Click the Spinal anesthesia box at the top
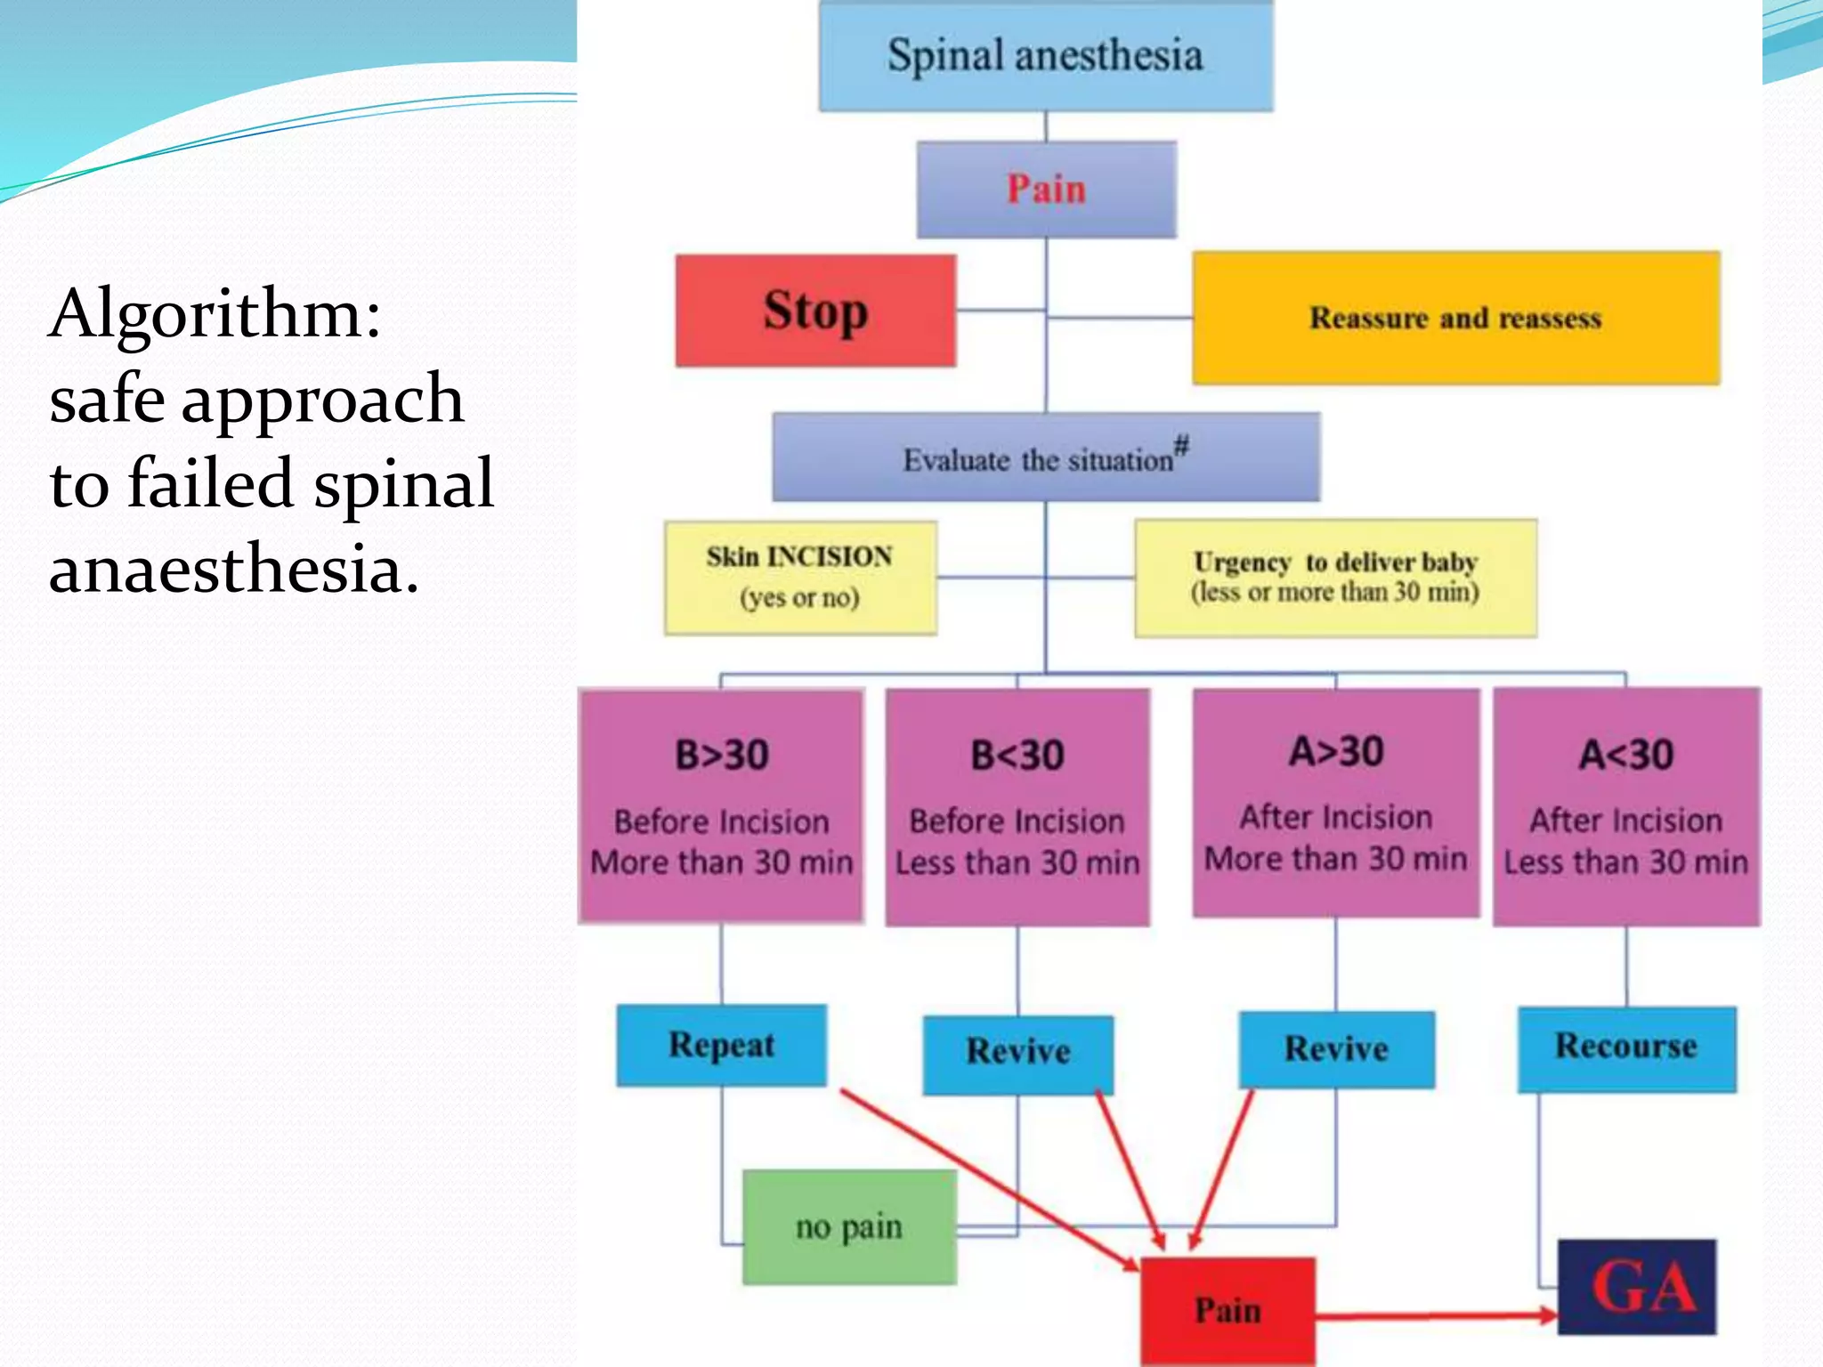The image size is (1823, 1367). pyautogui.click(x=1046, y=56)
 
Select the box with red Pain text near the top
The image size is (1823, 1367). pyautogui.click(x=1046, y=190)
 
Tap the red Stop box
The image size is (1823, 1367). pyautogui.click(x=815, y=311)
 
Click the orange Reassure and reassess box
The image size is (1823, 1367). pyautogui.click(x=1455, y=318)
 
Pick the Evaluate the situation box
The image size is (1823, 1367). pyautogui.click(x=1046, y=457)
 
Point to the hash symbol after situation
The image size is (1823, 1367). pyautogui.click(x=1181, y=444)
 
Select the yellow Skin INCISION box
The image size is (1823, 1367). pyautogui.click(x=800, y=577)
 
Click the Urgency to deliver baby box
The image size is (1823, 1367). pyautogui.click(x=1335, y=578)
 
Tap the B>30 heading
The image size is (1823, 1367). pyautogui.click(x=721, y=756)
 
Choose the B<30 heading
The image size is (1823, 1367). pyautogui.click(x=1017, y=756)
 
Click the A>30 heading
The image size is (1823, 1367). pyautogui.click(x=1336, y=752)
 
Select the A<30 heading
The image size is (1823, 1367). pyautogui.click(x=1626, y=756)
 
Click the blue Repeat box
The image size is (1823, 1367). pyautogui.click(x=721, y=1045)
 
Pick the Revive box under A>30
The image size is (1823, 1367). pyautogui.click(x=1336, y=1049)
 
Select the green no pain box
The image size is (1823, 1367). pyautogui.click(x=849, y=1226)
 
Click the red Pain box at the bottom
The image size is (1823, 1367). pyautogui.click(x=1227, y=1310)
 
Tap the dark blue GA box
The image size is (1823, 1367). pyautogui.click(x=1637, y=1287)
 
